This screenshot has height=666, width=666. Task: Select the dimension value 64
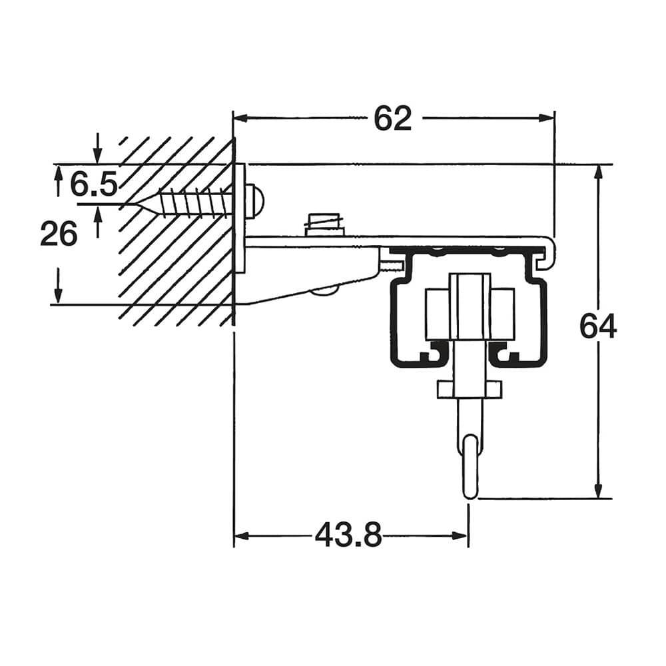pyautogui.click(x=597, y=326)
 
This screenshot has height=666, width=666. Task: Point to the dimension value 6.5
pyautogui.click(x=93, y=184)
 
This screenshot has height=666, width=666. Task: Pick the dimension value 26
pyautogui.click(x=59, y=234)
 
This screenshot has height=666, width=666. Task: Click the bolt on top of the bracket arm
pyautogui.click(x=323, y=224)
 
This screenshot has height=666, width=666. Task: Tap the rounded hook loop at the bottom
pyautogui.click(x=470, y=466)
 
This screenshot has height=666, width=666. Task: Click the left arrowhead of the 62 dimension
pyautogui.click(x=242, y=118)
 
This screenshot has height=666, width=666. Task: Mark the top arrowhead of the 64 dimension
pyautogui.click(x=598, y=172)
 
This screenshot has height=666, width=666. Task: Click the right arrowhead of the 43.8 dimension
pyautogui.click(x=460, y=535)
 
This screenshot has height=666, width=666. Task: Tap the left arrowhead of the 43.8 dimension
pyautogui.click(x=242, y=535)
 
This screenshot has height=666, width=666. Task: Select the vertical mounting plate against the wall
pyautogui.click(x=240, y=218)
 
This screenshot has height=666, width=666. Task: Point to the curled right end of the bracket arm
pyautogui.click(x=549, y=252)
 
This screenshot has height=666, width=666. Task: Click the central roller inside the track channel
pyautogui.click(x=470, y=306)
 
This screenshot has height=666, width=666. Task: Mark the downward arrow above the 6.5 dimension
pyautogui.click(x=98, y=149)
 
